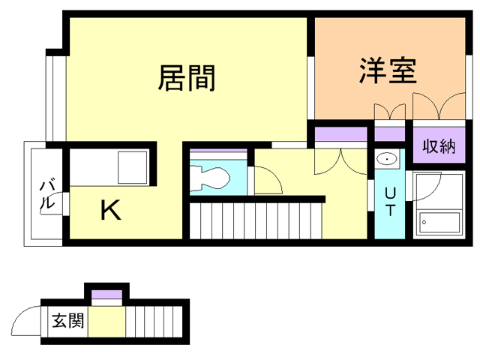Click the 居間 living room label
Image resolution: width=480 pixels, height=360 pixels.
(187, 77)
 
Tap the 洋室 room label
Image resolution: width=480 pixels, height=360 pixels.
(387, 72)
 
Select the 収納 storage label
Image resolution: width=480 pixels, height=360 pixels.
(439, 146)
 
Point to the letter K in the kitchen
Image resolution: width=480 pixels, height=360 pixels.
(111, 211)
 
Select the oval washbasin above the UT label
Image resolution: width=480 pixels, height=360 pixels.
(387, 159)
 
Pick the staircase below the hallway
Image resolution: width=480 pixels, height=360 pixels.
(255, 220)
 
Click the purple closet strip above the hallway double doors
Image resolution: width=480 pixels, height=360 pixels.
(339, 135)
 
